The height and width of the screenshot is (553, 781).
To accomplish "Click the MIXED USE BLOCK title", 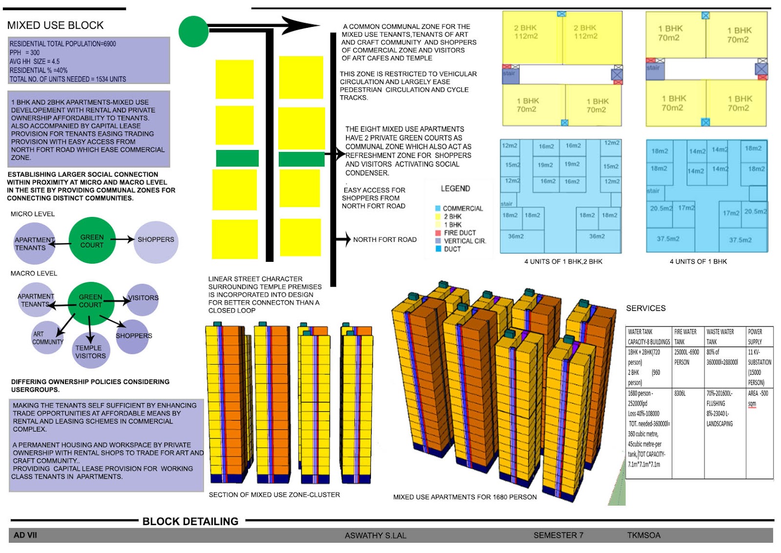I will pyautogui.click(x=55, y=25).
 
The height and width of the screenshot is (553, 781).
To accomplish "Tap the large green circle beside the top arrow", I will pyautogui.click(x=193, y=31).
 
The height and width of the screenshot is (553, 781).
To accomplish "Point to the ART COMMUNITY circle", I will pyautogui.click(x=47, y=338).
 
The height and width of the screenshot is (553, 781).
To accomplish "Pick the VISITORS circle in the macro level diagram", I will pyautogui.click(x=143, y=298).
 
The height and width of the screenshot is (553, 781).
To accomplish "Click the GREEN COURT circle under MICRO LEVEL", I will pyautogui.click(x=92, y=241).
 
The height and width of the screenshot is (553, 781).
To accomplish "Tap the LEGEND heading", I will pyautogui.click(x=455, y=189).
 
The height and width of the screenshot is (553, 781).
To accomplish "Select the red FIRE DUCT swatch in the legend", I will pyautogui.click(x=438, y=233).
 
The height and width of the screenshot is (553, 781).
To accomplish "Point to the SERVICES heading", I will pyautogui.click(x=646, y=308).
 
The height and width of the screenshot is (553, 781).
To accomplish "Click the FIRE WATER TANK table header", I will pyautogui.click(x=685, y=337).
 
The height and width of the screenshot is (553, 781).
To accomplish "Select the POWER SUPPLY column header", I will pyautogui.click(x=755, y=337).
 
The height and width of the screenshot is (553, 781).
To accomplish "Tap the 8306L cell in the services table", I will pyautogui.click(x=680, y=393).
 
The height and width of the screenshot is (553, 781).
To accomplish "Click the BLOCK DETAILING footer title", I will pyautogui.click(x=190, y=521).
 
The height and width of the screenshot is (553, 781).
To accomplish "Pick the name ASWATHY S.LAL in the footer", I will pyautogui.click(x=375, y=535).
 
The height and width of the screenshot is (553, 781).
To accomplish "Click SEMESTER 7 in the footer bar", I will pyautogui.click(x=558, y=535).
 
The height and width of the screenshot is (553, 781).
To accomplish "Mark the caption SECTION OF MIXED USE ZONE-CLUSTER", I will pyautogui.click(x=274, y=495).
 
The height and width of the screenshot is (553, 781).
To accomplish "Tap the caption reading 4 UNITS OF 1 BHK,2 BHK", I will pyautogui.click(x=563, y=261).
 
